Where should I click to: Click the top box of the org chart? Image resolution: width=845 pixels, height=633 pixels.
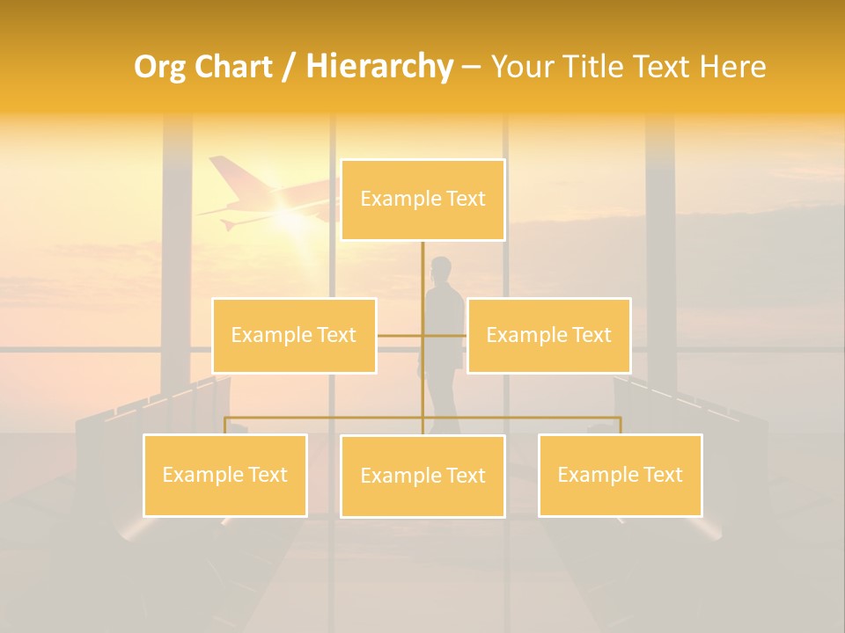422,200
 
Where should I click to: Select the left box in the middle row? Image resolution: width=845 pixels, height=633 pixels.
294,335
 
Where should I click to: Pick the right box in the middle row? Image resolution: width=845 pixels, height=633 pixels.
548,335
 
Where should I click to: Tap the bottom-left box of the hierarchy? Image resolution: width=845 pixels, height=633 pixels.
225,475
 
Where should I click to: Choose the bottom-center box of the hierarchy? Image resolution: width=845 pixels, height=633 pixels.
422,476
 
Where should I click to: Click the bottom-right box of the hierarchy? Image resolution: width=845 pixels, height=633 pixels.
620,475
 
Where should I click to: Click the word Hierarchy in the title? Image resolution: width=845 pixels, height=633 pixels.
379,67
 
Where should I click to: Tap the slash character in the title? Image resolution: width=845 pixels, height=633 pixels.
288,67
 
